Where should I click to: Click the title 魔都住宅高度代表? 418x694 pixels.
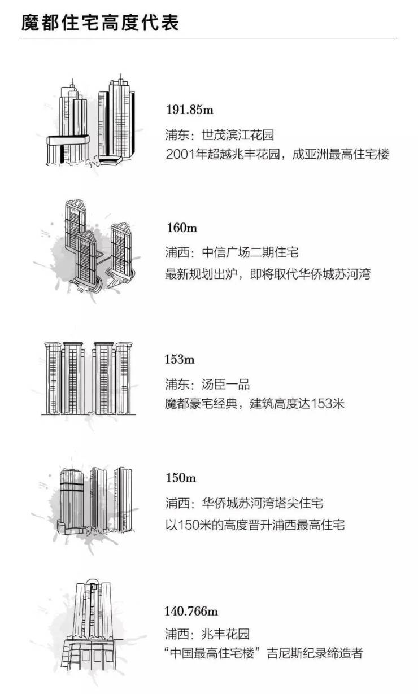coord(101,23)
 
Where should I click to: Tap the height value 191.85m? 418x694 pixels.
coord(190,110)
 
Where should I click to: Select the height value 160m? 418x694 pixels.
coord(182,228)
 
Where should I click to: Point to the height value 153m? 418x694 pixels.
coord(180,359)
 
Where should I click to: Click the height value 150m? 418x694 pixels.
coord(181,478)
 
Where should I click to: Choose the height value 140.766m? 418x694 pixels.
coord(191,612)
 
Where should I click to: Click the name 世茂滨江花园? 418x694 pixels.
coord(238,135)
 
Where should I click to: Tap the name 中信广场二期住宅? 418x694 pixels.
coord(250,252)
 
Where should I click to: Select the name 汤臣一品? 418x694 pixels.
coord(225,385)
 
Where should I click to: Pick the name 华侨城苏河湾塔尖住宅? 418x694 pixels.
coord(262,503)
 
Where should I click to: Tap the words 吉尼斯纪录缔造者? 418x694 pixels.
coord(315,653)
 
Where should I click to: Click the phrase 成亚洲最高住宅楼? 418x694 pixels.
coord(340,154)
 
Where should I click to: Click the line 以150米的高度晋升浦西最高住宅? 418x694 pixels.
coord(255,525)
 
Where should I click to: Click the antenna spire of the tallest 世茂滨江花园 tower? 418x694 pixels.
coord(120,77)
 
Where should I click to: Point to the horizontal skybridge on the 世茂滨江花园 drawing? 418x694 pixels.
coord(68,141)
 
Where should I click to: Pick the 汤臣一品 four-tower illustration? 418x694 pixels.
coord(89,378)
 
